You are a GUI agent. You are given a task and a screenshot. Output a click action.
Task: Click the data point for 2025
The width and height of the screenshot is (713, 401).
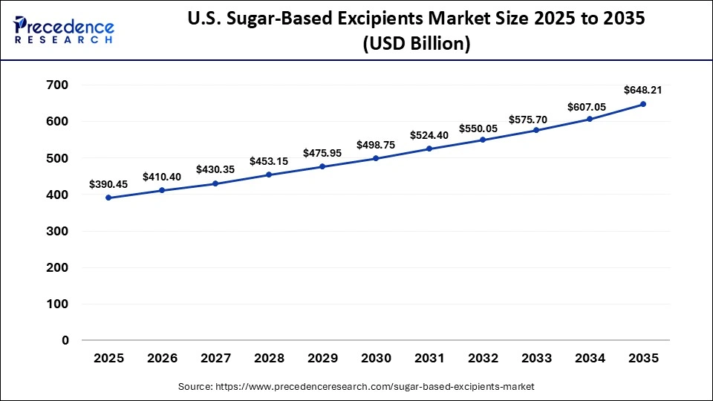(108, 198)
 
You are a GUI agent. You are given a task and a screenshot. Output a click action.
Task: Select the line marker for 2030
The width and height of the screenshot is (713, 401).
(376, 158)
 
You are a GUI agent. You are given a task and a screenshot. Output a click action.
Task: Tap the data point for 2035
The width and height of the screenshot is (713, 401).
(643, 104)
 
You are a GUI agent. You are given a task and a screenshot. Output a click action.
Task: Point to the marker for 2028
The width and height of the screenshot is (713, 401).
(269, 175)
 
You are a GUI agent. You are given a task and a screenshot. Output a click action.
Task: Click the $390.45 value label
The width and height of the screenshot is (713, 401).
(108, 183)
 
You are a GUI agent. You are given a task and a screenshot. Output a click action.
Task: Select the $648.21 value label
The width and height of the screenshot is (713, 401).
(643, 90)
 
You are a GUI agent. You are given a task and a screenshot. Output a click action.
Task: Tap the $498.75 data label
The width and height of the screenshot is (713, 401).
(376, 144)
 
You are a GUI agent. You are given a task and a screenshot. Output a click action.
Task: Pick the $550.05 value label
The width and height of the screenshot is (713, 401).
(483, 128)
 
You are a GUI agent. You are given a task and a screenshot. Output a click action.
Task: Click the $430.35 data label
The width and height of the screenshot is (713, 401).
(215, 169)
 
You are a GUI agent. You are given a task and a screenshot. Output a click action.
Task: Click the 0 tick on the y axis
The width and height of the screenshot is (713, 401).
(65, 341)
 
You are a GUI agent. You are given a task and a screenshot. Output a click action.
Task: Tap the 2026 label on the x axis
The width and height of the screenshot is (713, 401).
(162, 359)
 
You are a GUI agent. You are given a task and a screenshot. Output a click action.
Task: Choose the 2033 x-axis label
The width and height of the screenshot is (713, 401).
(536, 359)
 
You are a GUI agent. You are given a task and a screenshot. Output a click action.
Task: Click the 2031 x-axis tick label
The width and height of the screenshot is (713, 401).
(429, 359)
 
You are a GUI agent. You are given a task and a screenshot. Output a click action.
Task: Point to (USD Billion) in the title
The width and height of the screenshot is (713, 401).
(416, 44)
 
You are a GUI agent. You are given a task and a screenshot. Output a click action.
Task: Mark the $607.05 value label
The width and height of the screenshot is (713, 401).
(590, 107)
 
